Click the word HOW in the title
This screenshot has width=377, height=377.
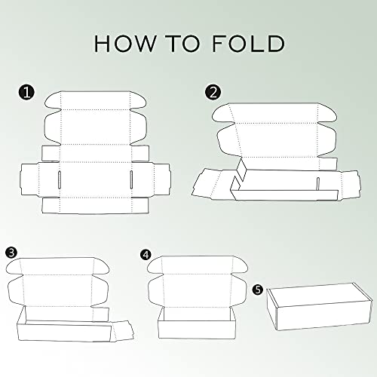[x=125, y=44]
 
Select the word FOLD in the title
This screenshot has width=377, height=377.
[x=249, y=44]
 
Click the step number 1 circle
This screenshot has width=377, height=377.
[x=26, y=93]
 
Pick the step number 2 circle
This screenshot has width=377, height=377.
[x=213, y=93]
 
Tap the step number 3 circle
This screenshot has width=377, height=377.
[x=11, y=253]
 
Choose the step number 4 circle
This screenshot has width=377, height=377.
[x=146, y=255]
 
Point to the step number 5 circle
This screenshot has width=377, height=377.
[x=258, y=290]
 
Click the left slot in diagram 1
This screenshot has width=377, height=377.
[x=60, y=179]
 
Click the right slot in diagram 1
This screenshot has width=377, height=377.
[x=131, y=179]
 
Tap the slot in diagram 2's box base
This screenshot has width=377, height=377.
[x=317, y=184]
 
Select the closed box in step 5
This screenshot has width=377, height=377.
[x=320, y=306]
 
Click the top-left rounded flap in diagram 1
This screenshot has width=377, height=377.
[x=54, y=100]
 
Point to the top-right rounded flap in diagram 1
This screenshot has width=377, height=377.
[x=138, y=100]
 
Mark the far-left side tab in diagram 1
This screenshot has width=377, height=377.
[x=29, y=179]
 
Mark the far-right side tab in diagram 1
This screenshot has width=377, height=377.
[x=162, y=179]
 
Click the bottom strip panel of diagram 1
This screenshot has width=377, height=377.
[x=95, y=206]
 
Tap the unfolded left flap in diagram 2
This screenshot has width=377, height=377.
[x=207, y=183]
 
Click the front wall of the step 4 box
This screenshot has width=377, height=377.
[x=197, y=329]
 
